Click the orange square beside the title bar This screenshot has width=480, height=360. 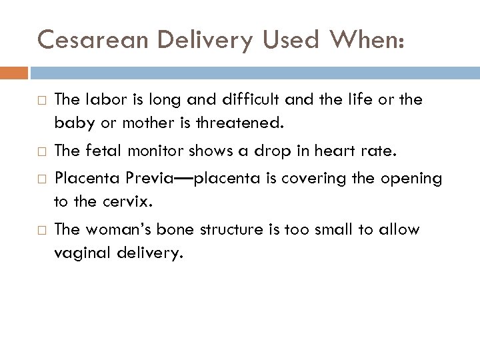(x=14, y=71)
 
